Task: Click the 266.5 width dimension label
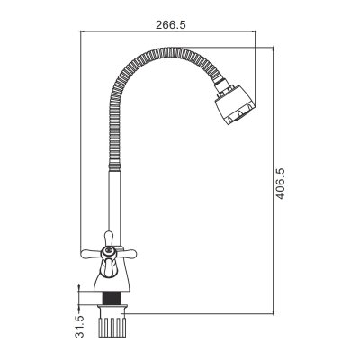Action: point(171,25)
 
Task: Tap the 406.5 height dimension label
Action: point(280,184)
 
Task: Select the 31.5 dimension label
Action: point(79,327)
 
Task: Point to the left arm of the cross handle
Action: point(91,254)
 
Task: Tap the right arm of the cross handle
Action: point(127,254)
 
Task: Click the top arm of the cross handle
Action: point(109,238)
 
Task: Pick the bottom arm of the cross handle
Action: point(108,268)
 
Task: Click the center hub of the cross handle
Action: point(108,253)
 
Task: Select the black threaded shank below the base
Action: point(112,298)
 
